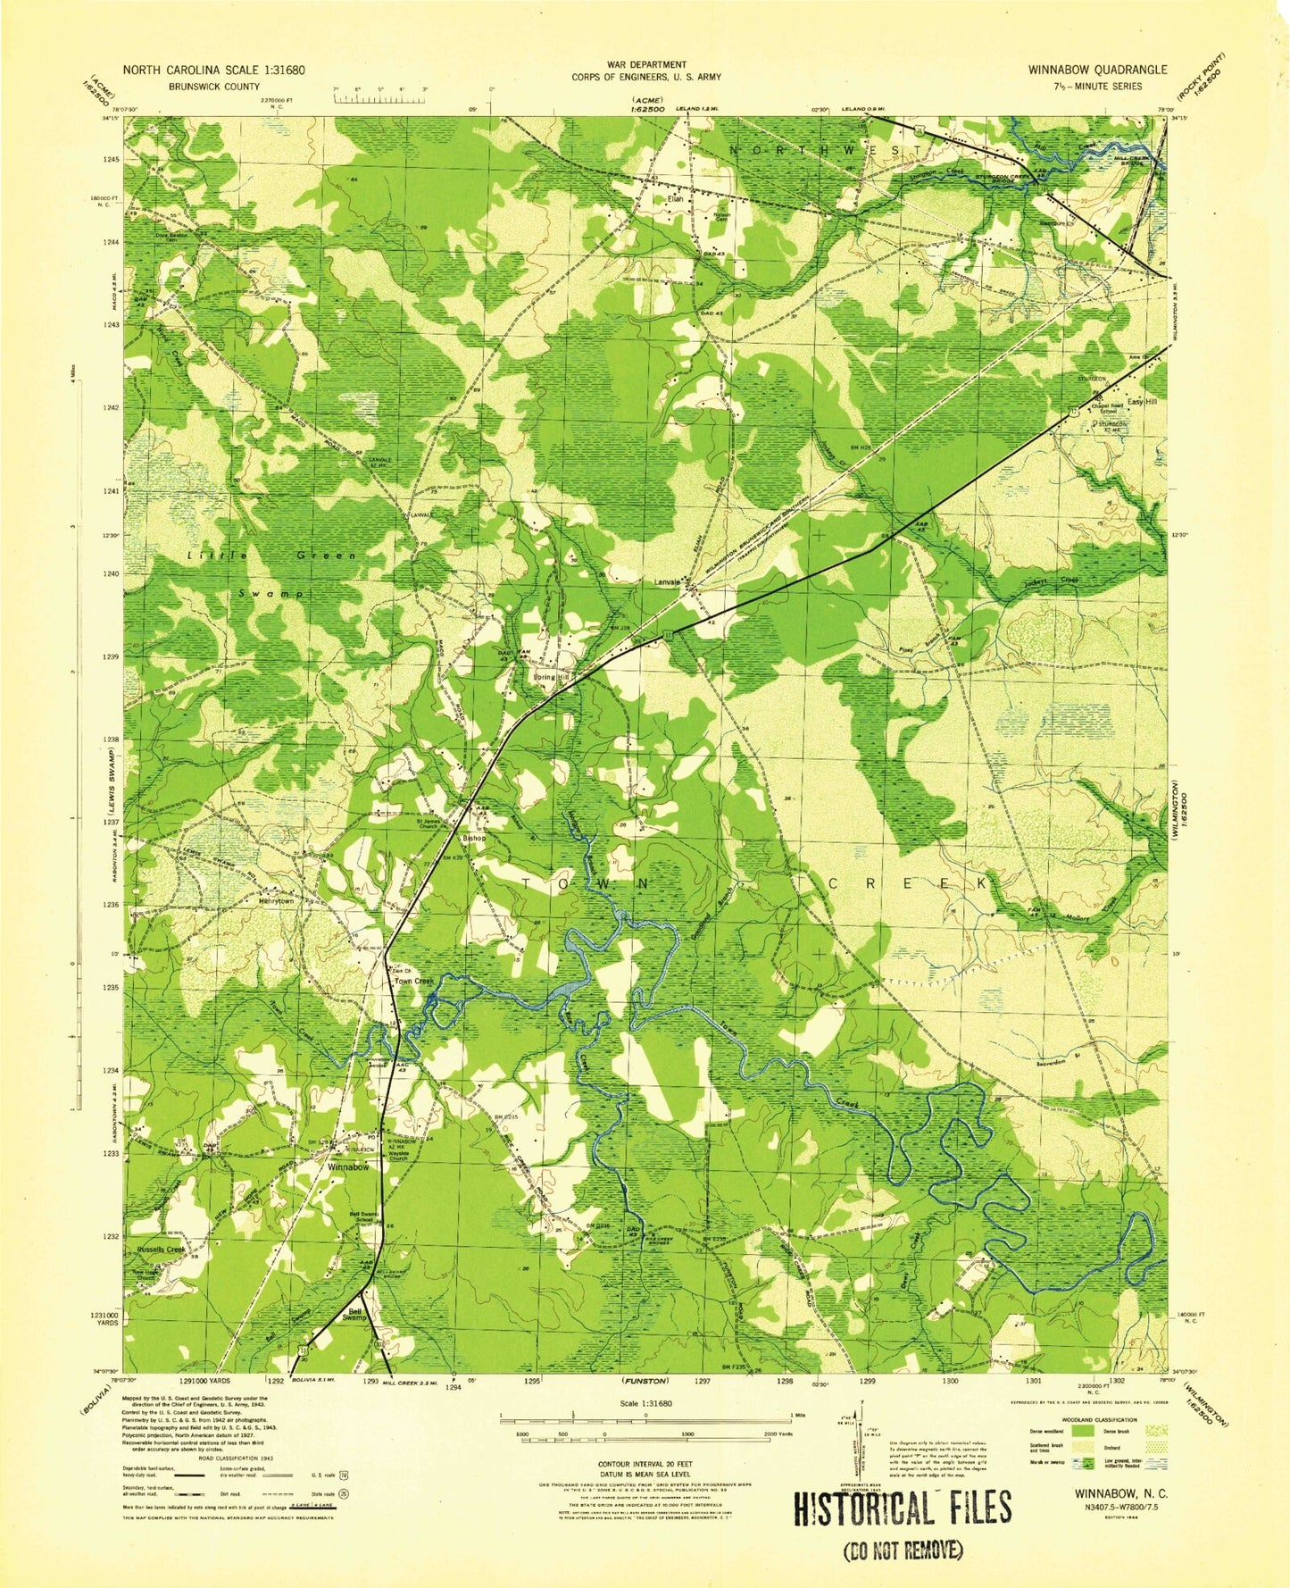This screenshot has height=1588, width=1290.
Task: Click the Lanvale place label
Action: click(x=667, y=582)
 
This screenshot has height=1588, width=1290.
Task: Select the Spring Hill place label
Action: click(x=551, y=677)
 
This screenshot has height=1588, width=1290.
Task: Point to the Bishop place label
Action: click(x=473, y=839)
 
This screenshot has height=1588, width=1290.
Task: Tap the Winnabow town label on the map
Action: click(x=348, y=1167)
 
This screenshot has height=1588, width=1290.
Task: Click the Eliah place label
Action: click(x=676, y=199)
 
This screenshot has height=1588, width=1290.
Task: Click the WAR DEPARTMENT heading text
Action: click(x=646, y=64)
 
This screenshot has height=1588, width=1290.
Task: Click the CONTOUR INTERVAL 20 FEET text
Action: click(x=646, y=1465)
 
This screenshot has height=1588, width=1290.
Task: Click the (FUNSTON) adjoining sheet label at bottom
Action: click(x=646, y=1381)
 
